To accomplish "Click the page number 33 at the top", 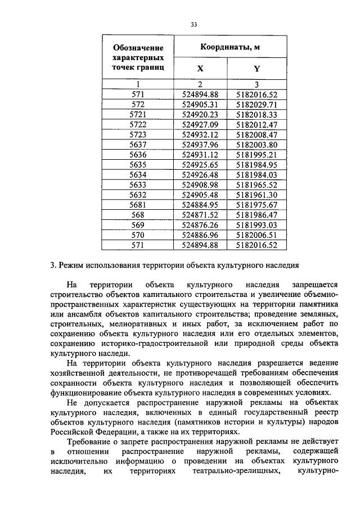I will tap(193, 24).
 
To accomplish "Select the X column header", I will tap(200, 69).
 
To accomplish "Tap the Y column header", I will tap(257, 69).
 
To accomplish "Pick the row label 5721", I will tap(138, 114).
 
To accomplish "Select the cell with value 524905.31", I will tap(200, 104).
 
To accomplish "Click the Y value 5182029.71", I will tap(257, 104).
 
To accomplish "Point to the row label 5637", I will tap(138, 144).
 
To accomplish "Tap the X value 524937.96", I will tap(200, 144).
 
